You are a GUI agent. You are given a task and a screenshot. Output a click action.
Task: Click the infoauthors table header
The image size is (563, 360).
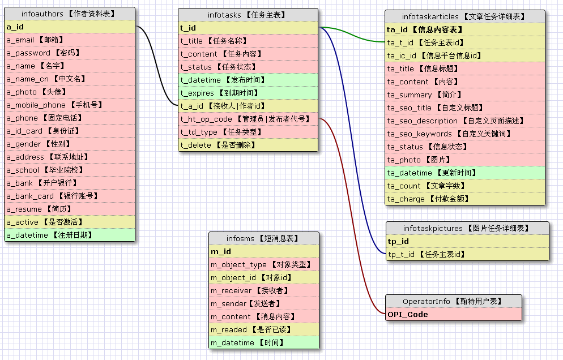(x=70, y=14)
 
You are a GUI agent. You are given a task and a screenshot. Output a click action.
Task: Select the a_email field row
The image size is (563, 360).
(x=70, y=40)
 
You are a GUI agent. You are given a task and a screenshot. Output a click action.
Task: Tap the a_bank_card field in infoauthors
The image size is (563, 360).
(x=70, y=196)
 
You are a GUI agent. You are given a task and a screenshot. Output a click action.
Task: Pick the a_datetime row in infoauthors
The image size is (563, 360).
(x=70, y=235)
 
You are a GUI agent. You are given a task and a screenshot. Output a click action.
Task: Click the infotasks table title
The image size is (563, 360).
(x=248, y=15)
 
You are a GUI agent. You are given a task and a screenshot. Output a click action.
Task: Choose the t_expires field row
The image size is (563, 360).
(x=248, y=93)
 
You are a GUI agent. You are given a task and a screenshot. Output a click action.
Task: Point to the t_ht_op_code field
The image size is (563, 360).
(x=248, y=119)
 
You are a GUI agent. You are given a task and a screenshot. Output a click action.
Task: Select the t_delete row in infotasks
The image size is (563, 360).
(x=248, y=145)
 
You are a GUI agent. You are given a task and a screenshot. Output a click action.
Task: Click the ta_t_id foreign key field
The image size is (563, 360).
(x=464, y=42)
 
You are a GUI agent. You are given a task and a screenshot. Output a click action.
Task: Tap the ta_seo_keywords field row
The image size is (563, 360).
(x=464, y=134)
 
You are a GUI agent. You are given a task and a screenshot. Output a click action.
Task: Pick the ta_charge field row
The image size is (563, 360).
(x=464, y=199)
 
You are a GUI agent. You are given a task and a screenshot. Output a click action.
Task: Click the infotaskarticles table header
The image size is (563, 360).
(x=464, y=16)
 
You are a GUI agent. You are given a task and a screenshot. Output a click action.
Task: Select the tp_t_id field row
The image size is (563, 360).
(x=467, y=255)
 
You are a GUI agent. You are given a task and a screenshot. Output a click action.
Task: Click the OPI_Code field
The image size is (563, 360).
(x=453, y=314)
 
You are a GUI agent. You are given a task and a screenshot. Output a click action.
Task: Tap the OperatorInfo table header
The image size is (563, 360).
(x=453, y=301)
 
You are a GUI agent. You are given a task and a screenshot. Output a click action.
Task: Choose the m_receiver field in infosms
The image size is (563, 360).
(x=263, y=290)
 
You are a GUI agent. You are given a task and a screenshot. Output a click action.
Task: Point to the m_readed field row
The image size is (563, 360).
(x=263, y=329)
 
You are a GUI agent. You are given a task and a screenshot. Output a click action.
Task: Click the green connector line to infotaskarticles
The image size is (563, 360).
(x=351, y=35)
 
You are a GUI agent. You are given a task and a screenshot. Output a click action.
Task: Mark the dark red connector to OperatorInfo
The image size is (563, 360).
(x=351, y=215)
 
